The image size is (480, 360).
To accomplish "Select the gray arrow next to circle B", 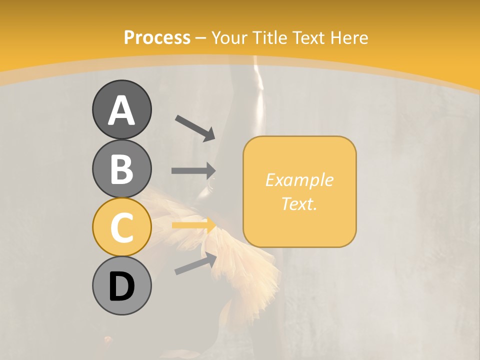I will [193, 171].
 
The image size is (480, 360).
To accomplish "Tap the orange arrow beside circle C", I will [194, 225].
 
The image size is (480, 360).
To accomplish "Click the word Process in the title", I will [157, 37].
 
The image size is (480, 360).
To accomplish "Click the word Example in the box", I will [299, 180].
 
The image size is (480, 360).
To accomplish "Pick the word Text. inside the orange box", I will [299, 204].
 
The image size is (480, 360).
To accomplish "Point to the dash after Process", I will [201, 38].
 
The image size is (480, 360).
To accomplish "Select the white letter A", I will [121, 110].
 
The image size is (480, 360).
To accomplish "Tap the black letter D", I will [121, 287].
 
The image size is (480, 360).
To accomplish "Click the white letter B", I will [121, 169].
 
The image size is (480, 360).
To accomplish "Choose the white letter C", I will [121, 227].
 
